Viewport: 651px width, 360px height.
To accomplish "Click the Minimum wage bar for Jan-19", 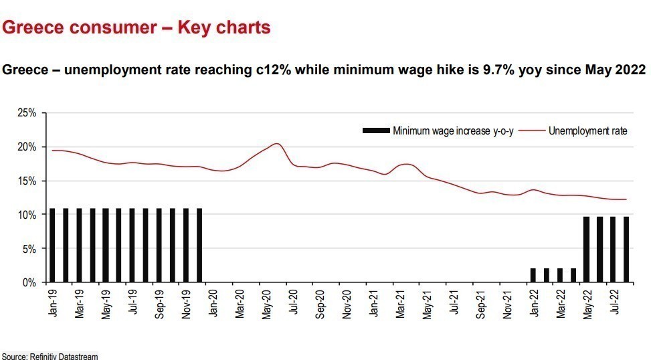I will (x=52, y=246).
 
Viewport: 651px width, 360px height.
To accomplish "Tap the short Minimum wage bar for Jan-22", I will (x=533, y=275).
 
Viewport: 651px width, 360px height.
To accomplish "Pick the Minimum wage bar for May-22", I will (x=587, y=250).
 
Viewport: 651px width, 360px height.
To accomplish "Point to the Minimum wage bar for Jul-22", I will (x=613, y=250).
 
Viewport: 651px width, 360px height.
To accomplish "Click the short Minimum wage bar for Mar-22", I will (x=559, y=275).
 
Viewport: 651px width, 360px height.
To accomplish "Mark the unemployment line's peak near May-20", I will (x=277, y=144).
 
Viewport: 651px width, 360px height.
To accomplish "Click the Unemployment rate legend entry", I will (x=587, y=130).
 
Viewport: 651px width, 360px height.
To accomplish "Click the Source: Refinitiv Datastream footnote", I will (x=49, y=355).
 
